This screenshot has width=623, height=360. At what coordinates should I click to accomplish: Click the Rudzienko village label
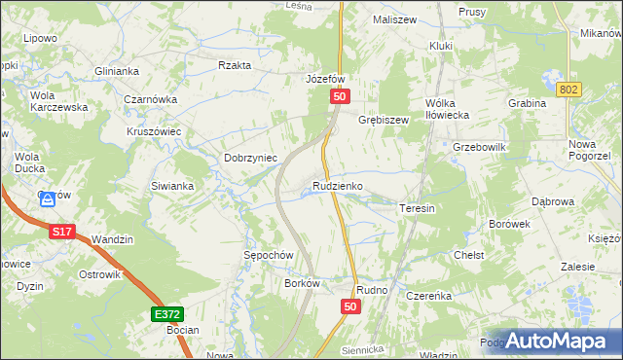point(339,185)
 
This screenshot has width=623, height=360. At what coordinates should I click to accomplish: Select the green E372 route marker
point(166,315)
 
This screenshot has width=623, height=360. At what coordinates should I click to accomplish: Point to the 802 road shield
point(570,90)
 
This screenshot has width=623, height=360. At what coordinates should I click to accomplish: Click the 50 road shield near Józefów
point(339,96)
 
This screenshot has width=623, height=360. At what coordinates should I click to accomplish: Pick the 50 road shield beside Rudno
point(351,306)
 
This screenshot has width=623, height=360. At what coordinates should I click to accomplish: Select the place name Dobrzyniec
point(251,158)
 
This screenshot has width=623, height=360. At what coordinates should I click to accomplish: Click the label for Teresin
point(417,208)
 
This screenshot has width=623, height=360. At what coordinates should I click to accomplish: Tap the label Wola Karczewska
point(56,101)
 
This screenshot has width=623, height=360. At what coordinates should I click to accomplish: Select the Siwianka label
point(172,185)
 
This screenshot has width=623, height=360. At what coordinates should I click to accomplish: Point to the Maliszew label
point(394,18)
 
